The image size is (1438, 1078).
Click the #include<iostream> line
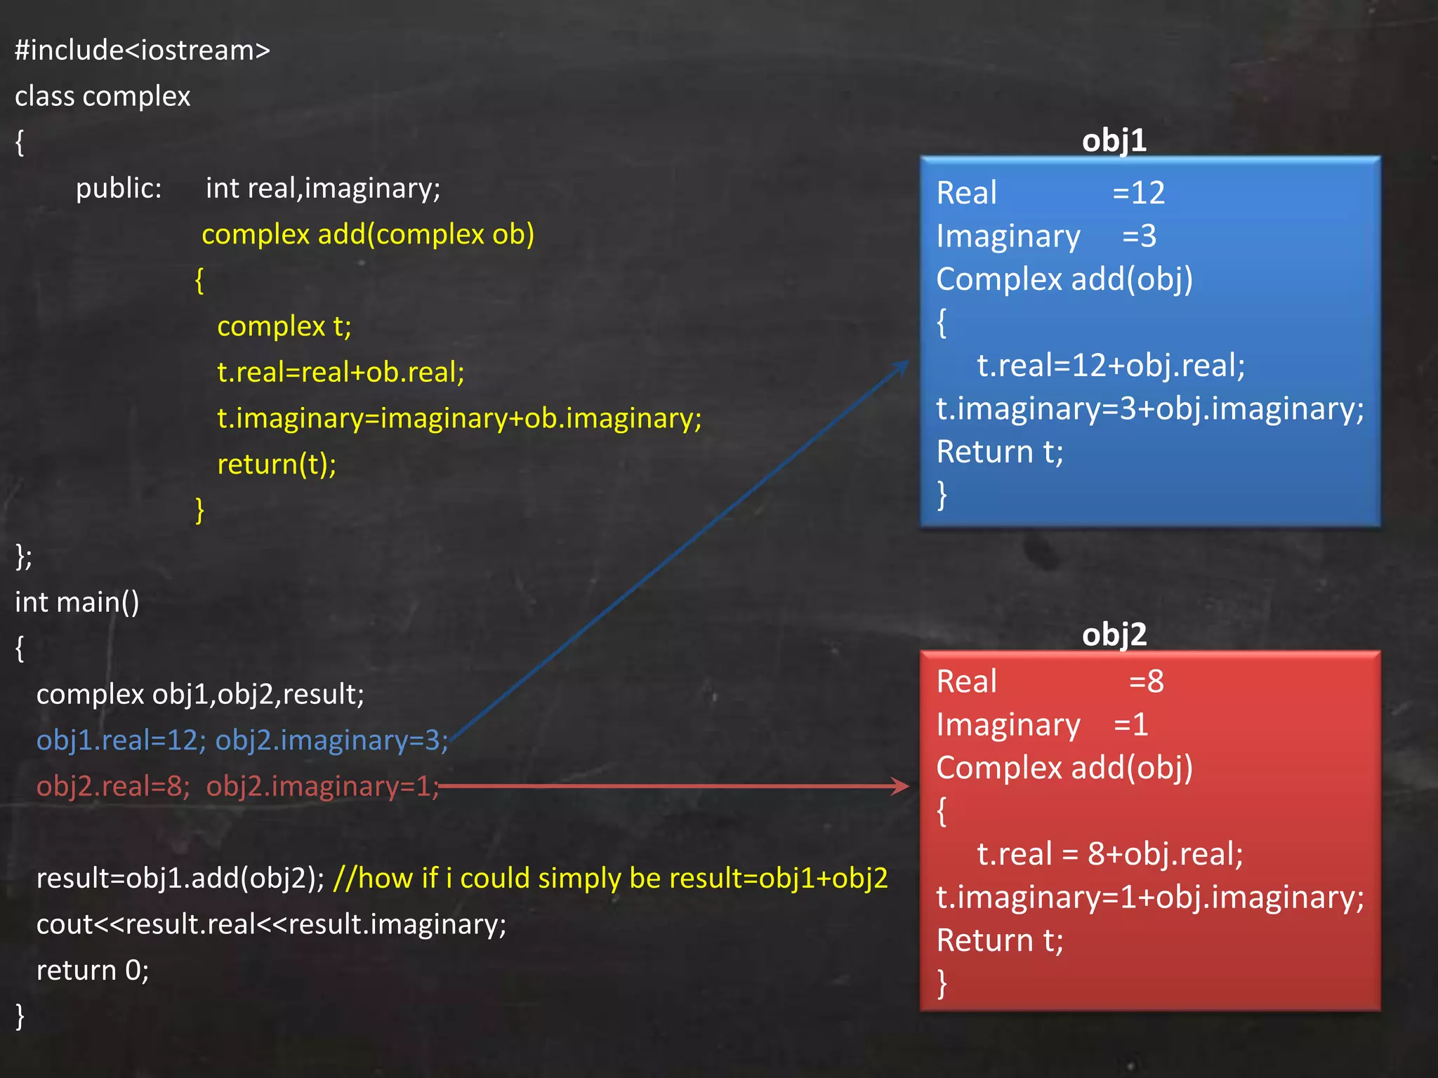point(143,51)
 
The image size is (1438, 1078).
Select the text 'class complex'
point(103,97)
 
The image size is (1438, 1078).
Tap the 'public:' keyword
point(119,188)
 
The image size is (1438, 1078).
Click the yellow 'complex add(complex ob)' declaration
point(368,234)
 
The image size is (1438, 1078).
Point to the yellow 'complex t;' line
point(284,326)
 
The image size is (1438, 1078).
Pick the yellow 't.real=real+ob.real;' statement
point(341,372)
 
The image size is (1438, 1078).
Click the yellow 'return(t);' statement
point(277,464)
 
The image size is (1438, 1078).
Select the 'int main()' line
point(77,602)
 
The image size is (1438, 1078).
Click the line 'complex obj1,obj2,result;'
point(200,694)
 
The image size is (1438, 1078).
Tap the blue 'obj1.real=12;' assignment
point(121,740)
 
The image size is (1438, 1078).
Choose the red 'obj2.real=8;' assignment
point(113,786)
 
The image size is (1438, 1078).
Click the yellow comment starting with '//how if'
point(610,878)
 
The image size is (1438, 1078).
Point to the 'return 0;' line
point(93,970)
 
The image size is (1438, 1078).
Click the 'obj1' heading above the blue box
point(1114,140)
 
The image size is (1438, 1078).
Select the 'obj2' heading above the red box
point(1114,634)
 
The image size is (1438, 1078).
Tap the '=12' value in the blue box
point(1139,193)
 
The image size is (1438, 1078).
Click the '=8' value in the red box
point(1147,681)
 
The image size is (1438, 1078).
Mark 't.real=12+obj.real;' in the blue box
point(1111,366)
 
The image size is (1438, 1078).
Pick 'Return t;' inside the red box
point(1000,940)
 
